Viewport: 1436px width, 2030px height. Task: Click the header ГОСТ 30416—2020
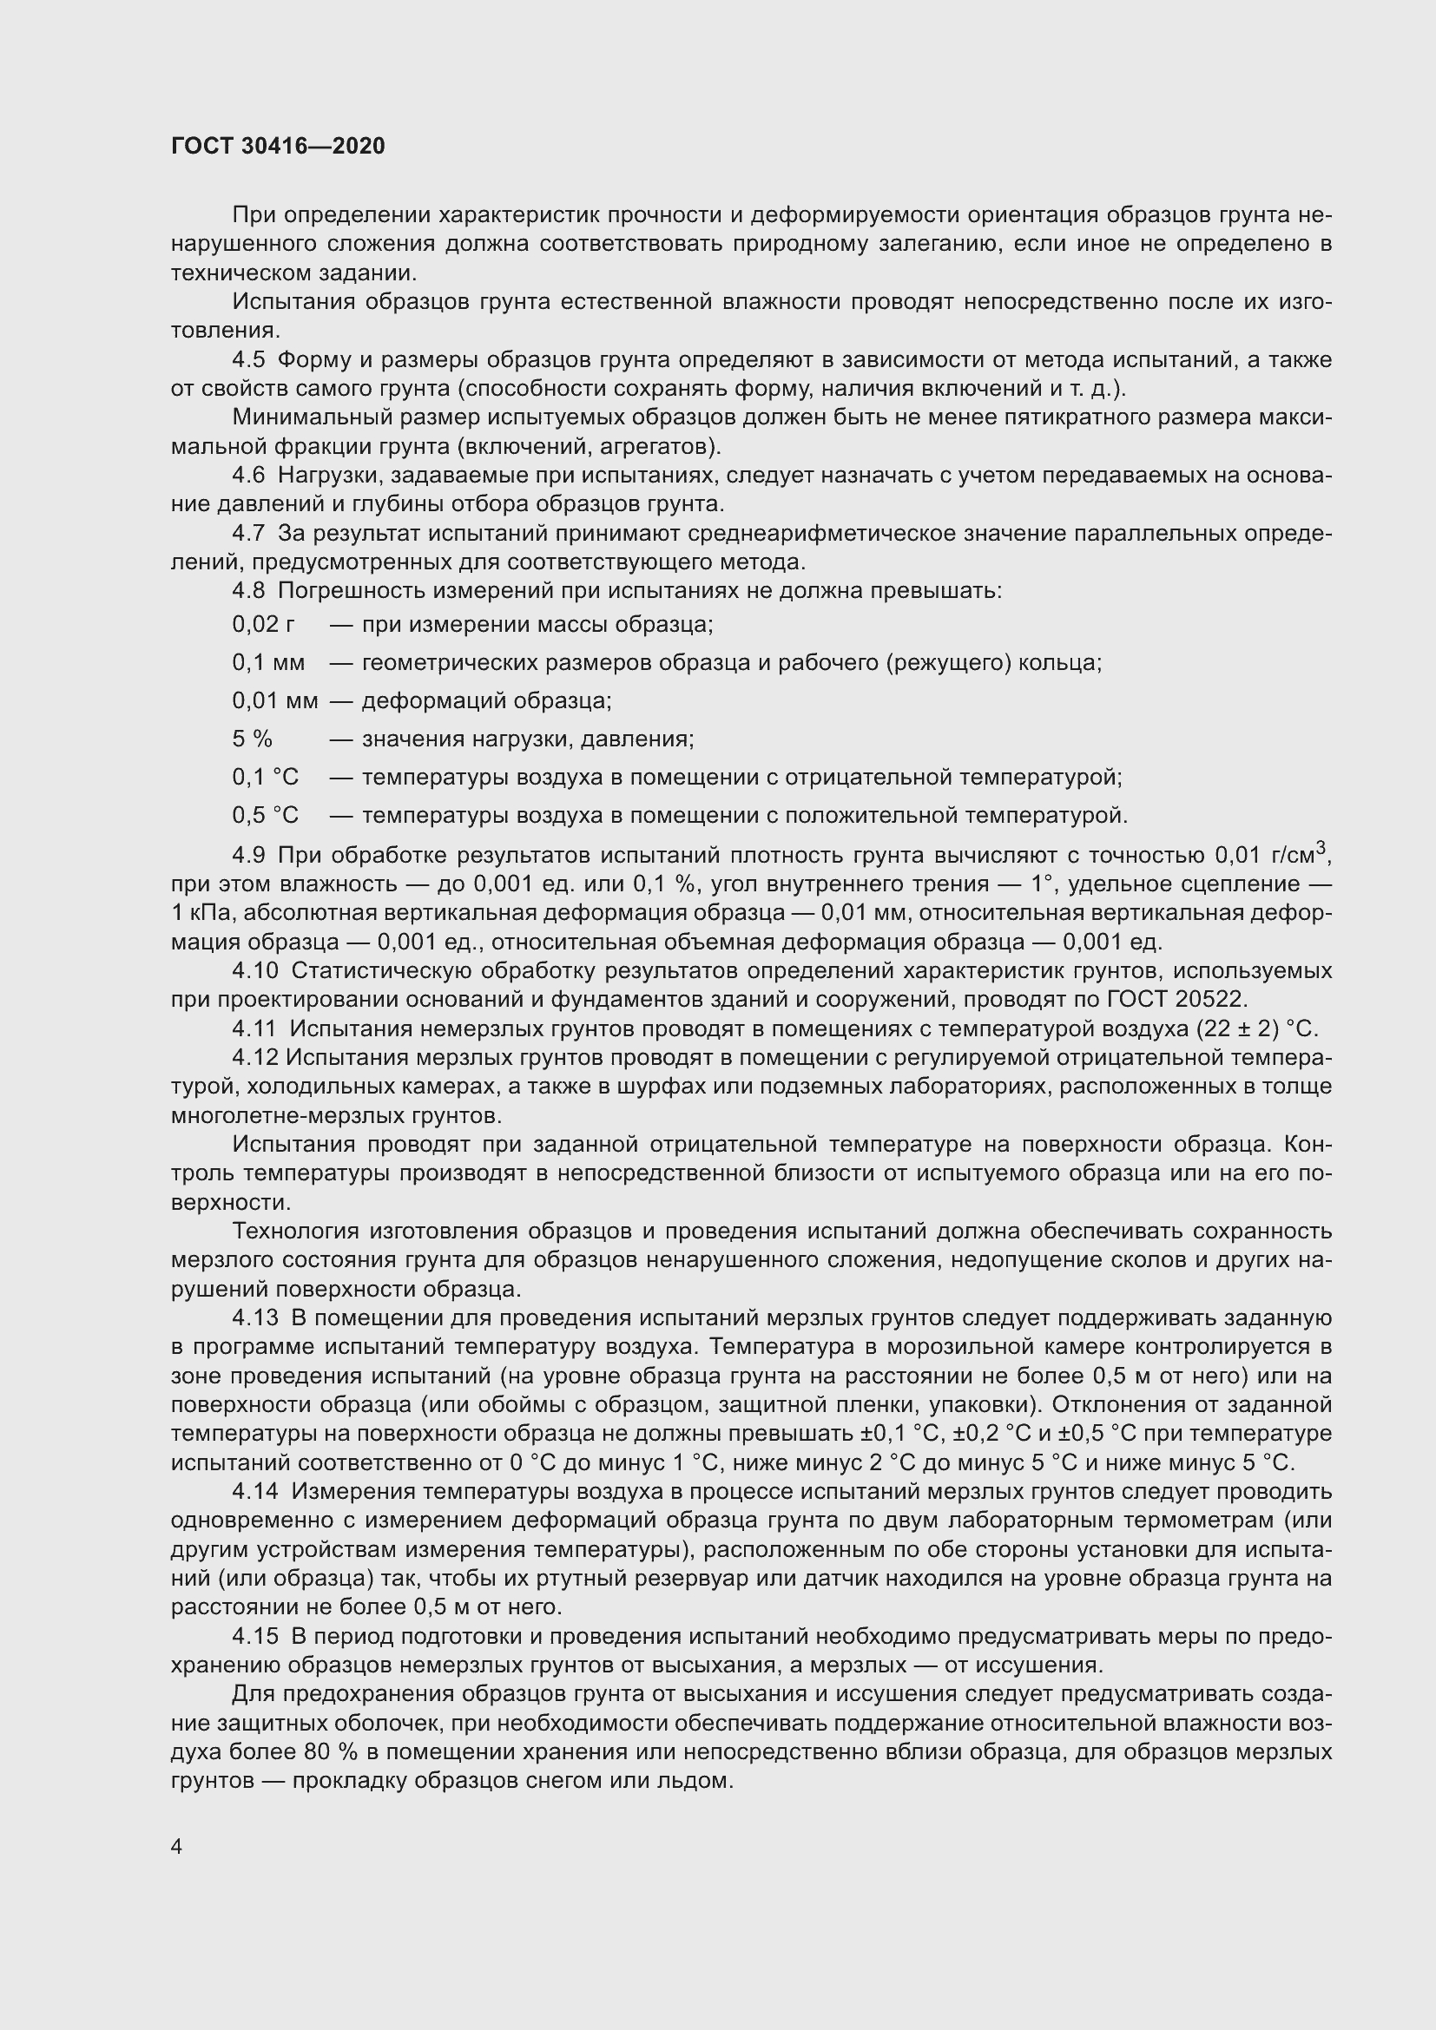coord(278,147)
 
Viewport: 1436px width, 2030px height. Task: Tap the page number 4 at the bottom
coord(177,1847)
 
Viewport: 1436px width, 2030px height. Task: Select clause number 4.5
coord(248,360)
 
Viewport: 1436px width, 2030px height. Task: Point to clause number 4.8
coord(248,591)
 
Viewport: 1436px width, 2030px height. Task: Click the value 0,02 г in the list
coord(264,625)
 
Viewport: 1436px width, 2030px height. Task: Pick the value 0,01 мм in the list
coord(275,701)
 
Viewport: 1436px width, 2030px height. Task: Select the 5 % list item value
coord(252,739)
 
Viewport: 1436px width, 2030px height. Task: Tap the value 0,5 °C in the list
coord(266,815)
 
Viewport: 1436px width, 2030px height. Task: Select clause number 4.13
coord(254,1318)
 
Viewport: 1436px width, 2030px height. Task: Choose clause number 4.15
coord(254,1637)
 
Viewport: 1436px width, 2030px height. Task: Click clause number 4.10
coord(254,971)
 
